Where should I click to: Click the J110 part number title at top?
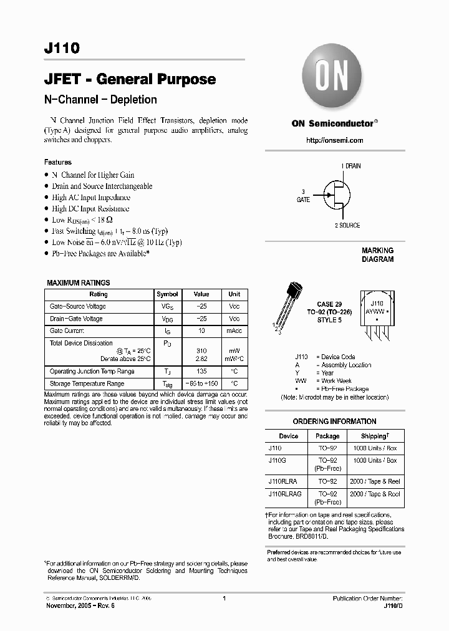(62, 49)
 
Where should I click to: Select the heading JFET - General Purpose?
(130, 79)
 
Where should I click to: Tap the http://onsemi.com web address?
(334, 140)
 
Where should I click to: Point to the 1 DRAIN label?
(350, 166)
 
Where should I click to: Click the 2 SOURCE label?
(347, 225)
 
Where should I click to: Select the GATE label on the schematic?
(303, 200)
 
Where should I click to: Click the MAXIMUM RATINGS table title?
(79, 283)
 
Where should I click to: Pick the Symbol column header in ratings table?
(167, 294)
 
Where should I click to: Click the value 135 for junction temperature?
(201, 372)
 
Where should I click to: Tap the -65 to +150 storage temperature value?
(201, 384)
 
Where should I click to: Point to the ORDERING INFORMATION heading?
(334, 421)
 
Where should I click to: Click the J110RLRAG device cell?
(285, 494)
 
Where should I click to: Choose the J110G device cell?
(276, 461)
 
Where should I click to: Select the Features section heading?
(58, 162)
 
